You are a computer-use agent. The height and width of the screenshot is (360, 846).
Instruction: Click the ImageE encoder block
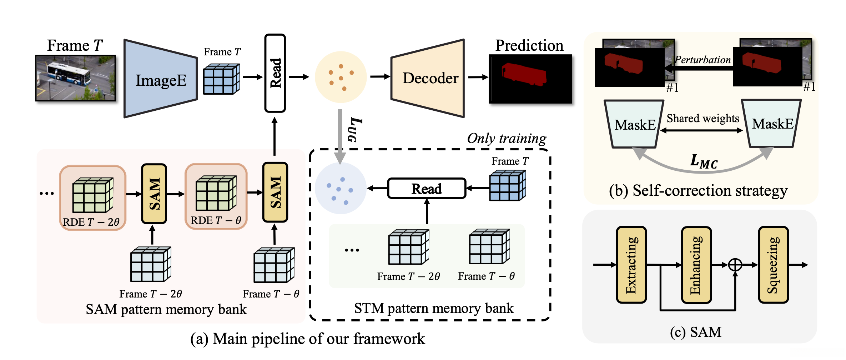(161, 79)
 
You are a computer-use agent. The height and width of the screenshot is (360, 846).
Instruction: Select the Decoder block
(428, 78)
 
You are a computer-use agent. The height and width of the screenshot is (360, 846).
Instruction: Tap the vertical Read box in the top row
(275, 73)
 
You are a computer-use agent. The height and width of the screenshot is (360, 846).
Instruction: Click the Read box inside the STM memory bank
(427, 188)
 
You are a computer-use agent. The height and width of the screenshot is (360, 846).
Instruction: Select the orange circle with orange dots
(341, 77)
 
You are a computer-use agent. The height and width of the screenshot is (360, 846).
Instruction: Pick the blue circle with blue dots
(341, 188)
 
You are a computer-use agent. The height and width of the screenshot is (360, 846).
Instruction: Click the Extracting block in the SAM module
(631, 265)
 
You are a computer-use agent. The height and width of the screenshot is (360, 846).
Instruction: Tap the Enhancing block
(696, 265)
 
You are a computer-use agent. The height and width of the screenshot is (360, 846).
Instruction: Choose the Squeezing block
(773, 265)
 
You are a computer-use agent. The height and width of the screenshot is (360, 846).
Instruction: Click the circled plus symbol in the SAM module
(735, 265)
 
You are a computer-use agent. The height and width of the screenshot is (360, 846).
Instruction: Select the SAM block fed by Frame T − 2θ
(154, 194)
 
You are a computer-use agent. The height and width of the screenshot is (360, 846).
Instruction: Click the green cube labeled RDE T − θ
(216, 193)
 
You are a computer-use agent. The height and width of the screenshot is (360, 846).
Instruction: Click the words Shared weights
(703, 118)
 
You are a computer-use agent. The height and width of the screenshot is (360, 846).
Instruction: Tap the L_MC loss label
(703, 161)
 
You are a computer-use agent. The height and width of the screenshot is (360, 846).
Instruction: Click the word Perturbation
(703, 60)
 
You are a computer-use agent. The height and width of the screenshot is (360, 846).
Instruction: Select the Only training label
(507, 139)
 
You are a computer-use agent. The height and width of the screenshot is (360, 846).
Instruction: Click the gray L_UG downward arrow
(340, 136)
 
